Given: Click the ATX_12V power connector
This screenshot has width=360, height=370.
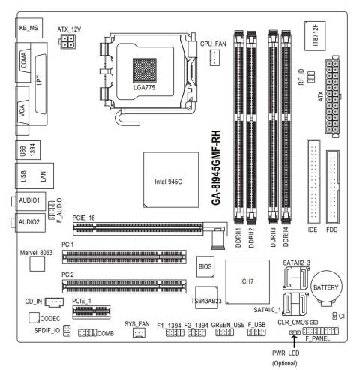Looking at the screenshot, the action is click(67, 41).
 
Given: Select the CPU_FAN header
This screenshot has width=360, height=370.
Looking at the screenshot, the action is click(214, 57).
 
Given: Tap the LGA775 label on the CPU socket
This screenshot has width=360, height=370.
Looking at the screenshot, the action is click(144, 87).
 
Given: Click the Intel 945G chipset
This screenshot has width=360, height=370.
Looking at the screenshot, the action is click(171, 180).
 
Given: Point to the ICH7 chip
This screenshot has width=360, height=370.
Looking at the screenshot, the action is click(247, 282).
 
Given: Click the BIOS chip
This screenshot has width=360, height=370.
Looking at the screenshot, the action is click(205, 266).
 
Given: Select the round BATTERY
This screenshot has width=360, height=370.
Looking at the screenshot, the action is click(326, 288).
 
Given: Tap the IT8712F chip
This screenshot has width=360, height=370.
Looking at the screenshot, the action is click(315, 36).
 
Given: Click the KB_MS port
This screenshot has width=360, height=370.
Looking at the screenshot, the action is click(28, 28).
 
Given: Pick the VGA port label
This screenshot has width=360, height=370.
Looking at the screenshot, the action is click(22, 111).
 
